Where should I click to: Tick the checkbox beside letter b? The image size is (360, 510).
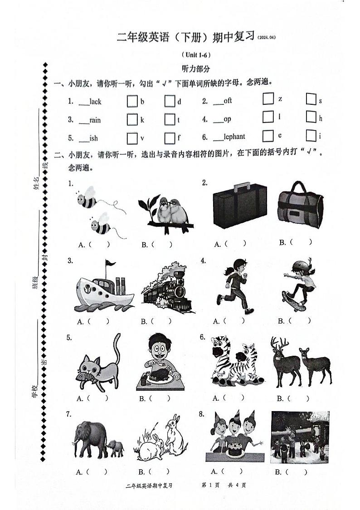point(132,101)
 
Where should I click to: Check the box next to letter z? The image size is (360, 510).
point(268,98)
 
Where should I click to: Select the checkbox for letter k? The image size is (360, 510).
point(132,119)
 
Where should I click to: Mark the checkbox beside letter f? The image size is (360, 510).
point(170,137)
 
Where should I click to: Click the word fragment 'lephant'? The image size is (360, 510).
point(234,137)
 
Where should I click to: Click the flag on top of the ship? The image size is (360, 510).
point(110,264)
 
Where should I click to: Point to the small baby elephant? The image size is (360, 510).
point(117,448)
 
